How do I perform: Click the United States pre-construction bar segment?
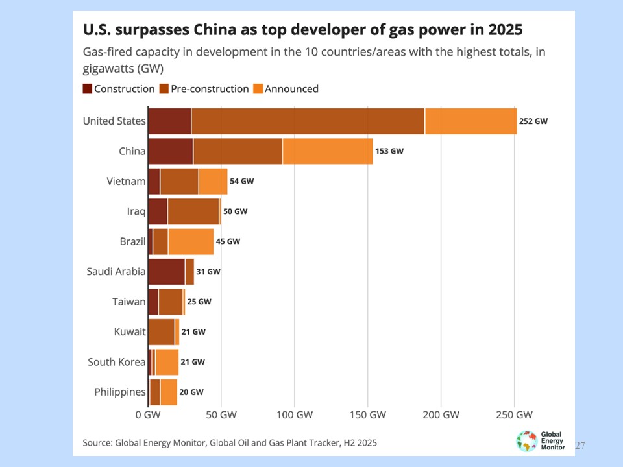[x=308, y=121]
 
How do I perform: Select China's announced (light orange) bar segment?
[x=328, y=151]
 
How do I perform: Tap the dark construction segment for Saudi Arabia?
[x=166, y=272]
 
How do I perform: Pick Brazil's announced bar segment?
[x=191, y=241]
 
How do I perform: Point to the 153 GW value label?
[x=389, y=151]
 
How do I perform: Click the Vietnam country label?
[x=126, y=181]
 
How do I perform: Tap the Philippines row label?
[x=120, y=392]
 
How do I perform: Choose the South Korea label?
[x=117, y=362]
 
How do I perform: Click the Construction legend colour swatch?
[x=87, y=89]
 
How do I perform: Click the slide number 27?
[x=580, y=446]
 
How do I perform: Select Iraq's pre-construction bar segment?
[x=193, y=211]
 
